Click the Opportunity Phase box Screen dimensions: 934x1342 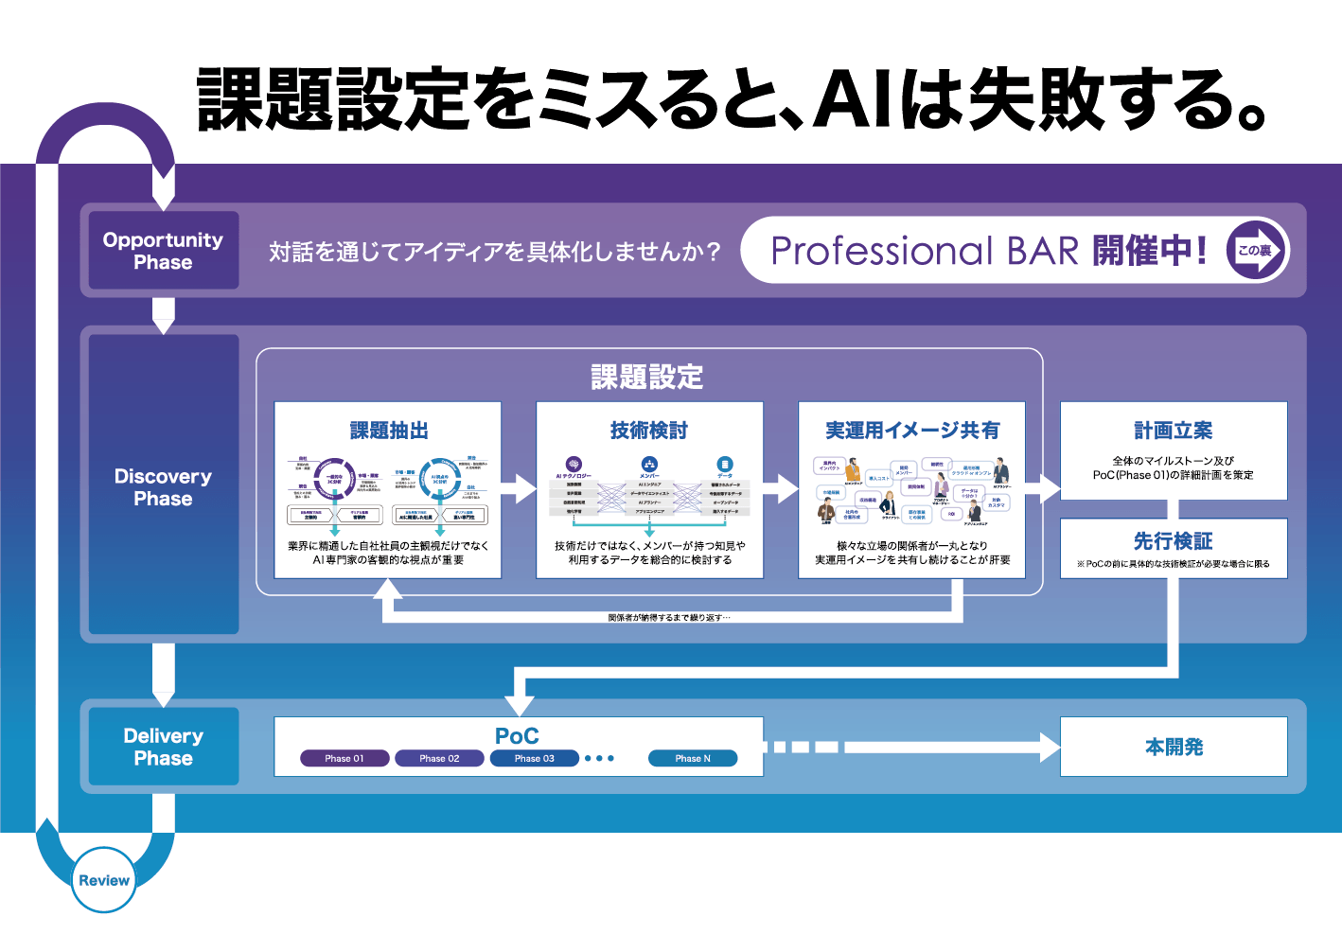point(163,251)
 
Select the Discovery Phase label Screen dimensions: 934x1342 point(163,486)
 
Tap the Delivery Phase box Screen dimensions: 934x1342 point(163,747)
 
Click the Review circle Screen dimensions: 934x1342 point(104,880)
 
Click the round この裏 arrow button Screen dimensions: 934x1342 point(1256,250)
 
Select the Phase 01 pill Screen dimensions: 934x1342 point(344,758)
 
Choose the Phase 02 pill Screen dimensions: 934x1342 point(439,758)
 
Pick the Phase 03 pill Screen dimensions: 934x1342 point(534,758)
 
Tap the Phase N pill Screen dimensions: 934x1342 point(692,758)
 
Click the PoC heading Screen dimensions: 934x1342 point(517,735)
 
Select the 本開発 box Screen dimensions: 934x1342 point(1174,747)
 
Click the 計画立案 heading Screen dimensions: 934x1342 point(1174,431)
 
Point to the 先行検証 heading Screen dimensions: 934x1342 point(1174,541)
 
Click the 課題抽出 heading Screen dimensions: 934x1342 point(389,431)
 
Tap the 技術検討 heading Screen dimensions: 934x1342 point(649,431)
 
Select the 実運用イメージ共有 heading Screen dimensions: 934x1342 point(912,431)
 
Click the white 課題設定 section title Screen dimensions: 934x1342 point(647,377)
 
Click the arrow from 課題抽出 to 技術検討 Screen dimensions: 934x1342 point(519,489)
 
